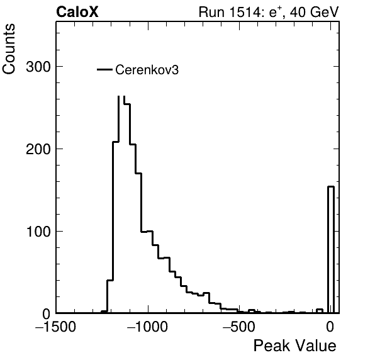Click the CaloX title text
click(x=77, y=12)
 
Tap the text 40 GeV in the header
click(x=314, y=12)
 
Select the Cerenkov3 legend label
click(x=147, y=70)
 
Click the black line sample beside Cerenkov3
click(x=104, y=70)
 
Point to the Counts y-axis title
click(x=9, y=49)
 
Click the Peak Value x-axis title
click(x=294, y=346)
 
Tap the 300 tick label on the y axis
click(x=38, y=67)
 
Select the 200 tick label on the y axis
click(x=38, y=149)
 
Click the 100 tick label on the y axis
click(x=38, y=232)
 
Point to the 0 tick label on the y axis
click(x=47, y=314)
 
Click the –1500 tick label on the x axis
click(x=56, y=327)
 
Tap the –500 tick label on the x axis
click(x=239, y=327)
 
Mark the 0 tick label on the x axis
click(x=330, y=327)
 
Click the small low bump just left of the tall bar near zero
click(x=320, y=311)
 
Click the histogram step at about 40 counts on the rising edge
click(x=109, y=280)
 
